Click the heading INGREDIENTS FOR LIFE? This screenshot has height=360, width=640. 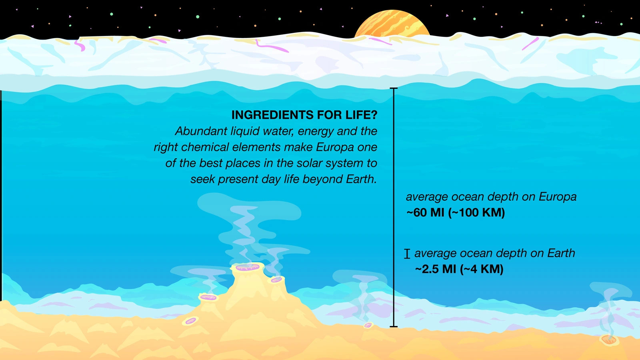[x=304, y=115]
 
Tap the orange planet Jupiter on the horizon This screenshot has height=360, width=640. [x=392, y=25]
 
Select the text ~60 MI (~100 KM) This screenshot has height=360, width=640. [x=456, y=212]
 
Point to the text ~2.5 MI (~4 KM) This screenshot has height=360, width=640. [x=459, y=269]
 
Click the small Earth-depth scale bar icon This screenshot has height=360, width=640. [x=407, y=254]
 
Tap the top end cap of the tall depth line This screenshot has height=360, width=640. [x=394, y=88]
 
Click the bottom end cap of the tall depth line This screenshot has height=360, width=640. [x=394, y=326]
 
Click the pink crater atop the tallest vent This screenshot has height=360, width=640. [x=248, y=268]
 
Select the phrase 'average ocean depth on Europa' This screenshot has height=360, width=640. [x=491, y=196]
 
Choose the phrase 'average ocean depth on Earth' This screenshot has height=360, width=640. [x=494, y=253]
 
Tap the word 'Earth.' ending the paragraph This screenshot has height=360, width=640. [x=362, y=179]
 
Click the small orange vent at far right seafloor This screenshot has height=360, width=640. [x=609, y=340]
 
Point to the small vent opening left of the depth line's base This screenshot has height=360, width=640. [x=368, y=325]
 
